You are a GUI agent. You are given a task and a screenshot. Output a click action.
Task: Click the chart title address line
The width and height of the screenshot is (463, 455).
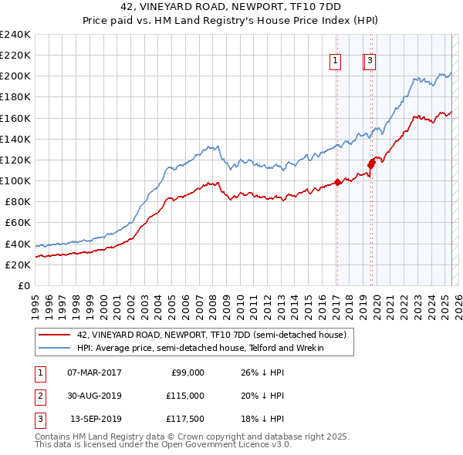coord(231,8)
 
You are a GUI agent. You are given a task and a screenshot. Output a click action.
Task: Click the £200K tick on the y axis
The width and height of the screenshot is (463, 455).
coord(15,76)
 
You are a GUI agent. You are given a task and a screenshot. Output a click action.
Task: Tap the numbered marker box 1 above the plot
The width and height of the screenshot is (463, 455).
coord(336,62)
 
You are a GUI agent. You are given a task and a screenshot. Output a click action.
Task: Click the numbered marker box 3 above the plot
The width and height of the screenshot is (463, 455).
coord(370,62)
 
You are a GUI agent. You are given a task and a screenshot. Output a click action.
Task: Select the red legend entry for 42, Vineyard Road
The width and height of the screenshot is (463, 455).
coord(215,335)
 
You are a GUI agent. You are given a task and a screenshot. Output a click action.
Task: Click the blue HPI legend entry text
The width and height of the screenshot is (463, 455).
coord(200,348)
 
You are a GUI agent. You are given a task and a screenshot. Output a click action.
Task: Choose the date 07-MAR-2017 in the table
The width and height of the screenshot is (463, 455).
coord(94,372)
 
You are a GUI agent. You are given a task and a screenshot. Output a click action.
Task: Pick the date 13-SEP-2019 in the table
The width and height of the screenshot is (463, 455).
coord(94,420)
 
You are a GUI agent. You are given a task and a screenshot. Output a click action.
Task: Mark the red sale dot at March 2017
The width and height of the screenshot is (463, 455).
coord(337,183)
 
